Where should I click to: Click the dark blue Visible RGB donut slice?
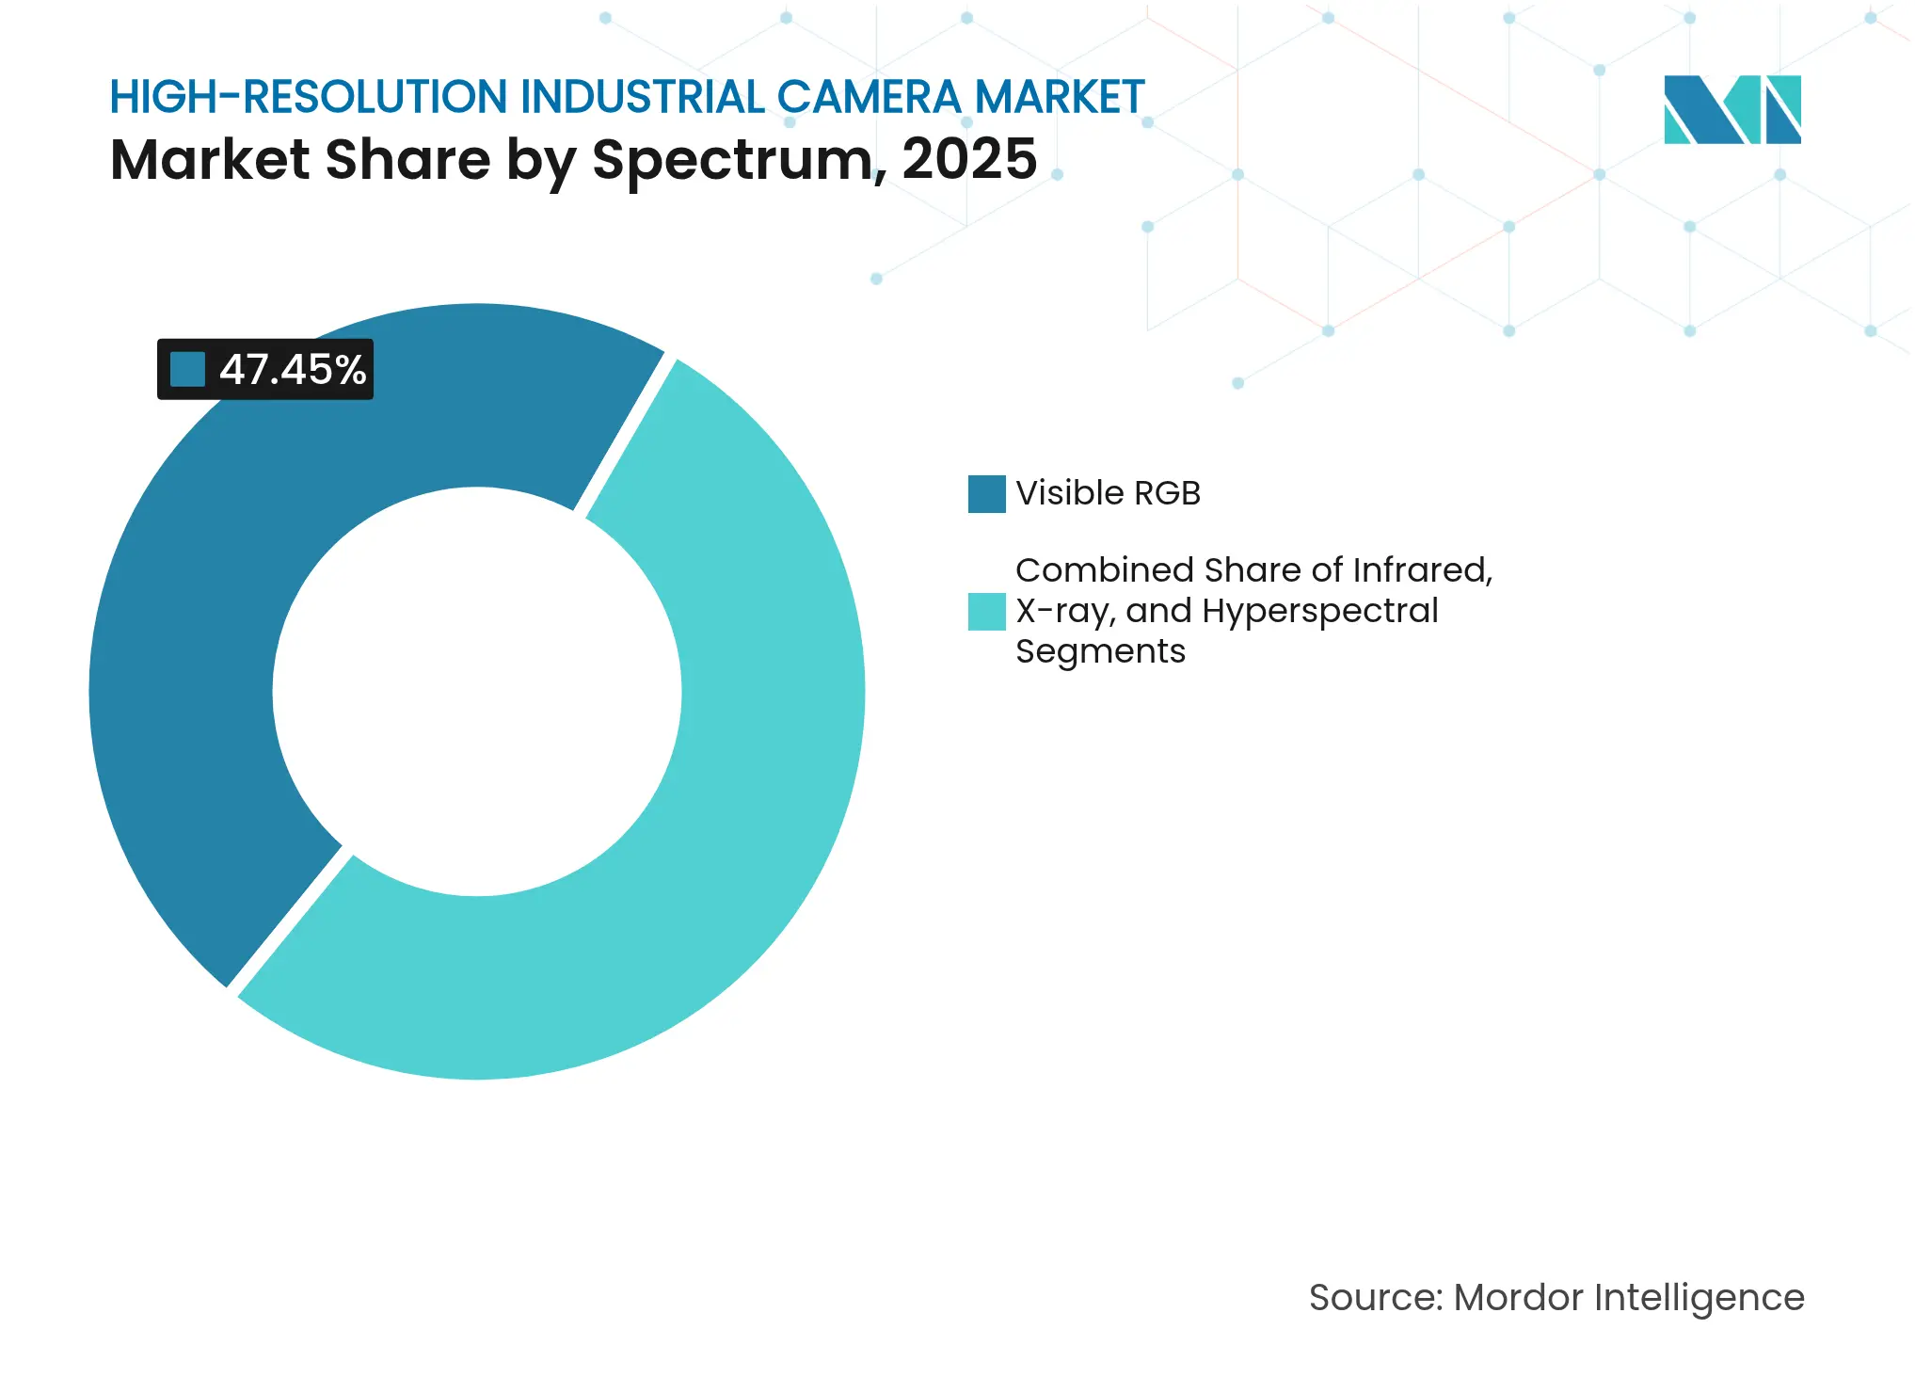[x=188, y=659]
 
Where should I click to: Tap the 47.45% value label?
[x=293, y=370]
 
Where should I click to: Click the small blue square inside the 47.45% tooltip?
[x=187, y=370]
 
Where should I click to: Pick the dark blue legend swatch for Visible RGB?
[x=986, y=494]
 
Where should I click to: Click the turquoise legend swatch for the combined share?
[x=986, y=612]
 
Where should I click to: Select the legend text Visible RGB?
[x=1108, y=493]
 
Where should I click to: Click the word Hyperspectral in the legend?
[x=1319, y=612]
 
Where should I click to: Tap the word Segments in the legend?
[x=1100, y=651]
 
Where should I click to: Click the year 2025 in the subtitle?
[x=969, y=159]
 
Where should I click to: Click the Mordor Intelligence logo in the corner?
[x=1731, y=110]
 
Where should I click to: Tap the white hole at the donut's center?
[x=477, y=692]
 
